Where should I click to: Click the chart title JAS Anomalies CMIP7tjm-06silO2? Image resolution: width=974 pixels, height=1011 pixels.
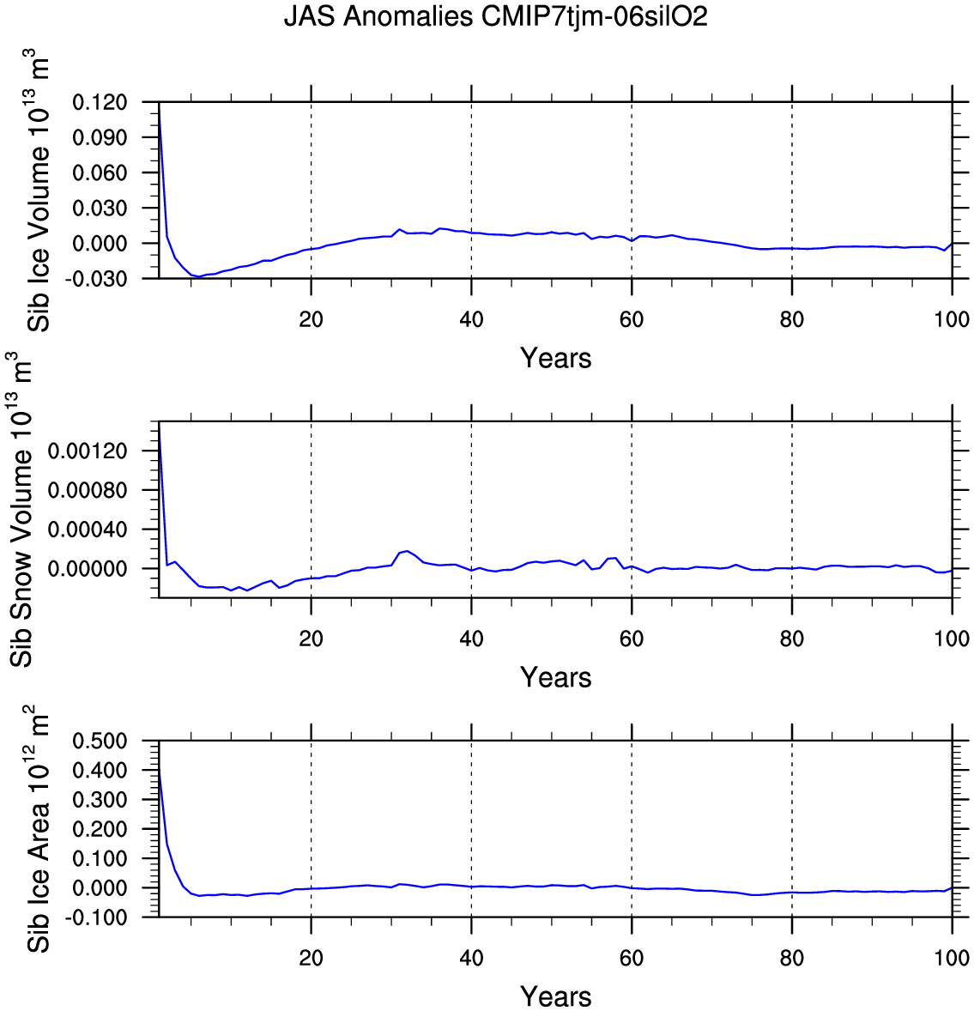(495, 17)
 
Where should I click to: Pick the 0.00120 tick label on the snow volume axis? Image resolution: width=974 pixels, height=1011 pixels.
(87, 451)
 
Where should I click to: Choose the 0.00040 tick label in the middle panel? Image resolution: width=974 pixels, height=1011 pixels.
(87, 530)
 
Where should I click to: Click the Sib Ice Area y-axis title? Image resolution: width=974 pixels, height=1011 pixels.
(39, 828)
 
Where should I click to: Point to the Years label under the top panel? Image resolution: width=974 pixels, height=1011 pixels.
(555, 358)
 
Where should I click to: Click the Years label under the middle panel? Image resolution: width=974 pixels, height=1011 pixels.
(555, 677)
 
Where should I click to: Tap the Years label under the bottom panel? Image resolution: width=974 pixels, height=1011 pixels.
(555, 996)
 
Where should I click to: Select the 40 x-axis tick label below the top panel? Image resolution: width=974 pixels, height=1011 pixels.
(471, 319)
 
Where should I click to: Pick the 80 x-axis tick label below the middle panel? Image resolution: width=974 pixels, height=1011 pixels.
(791, 639)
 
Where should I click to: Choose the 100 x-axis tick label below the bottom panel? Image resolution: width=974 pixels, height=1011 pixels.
(952, 958)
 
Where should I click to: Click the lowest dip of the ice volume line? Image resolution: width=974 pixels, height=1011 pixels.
(199, 277)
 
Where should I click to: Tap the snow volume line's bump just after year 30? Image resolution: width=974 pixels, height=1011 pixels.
(408, 551)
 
